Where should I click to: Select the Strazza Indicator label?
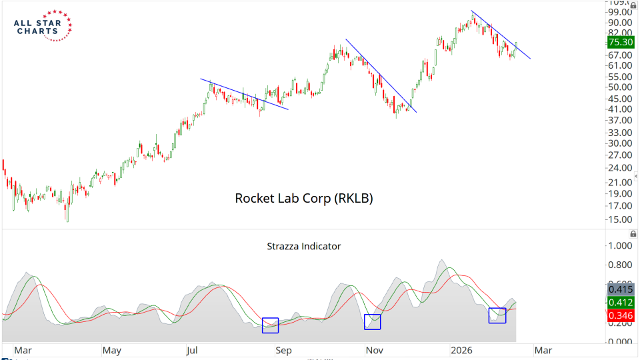(303, 246)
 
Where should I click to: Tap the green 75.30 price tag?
(621, 42)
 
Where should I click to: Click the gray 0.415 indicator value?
(621, 289)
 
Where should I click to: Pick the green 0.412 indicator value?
(621, 302)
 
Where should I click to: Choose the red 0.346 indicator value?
(621, 315)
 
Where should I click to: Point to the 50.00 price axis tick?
(620, 87)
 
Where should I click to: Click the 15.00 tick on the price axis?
(620, 220)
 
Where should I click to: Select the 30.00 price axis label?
(620, 143)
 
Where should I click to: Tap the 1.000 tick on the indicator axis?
(620, 246)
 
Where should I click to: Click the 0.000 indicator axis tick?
(620, 342)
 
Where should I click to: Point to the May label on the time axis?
(111, 350)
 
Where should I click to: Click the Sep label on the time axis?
(284, 350)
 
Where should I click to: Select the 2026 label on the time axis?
(462, 350)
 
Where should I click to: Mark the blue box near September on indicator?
(270, 325)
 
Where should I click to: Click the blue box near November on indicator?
(372, 321)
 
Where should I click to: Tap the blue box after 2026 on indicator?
(497, 315)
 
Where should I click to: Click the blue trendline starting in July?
(244, 94)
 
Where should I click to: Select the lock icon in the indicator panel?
(632, 234)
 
